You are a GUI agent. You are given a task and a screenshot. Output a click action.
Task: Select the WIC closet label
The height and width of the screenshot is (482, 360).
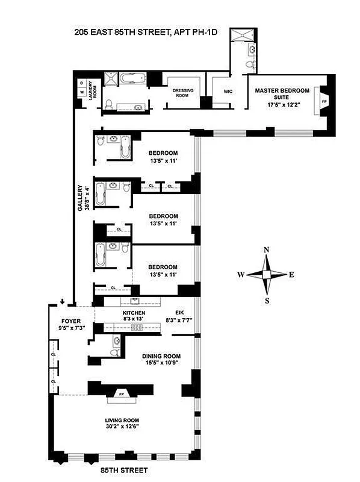[228, 91]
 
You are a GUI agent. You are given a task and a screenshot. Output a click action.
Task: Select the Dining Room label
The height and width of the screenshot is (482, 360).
[158, 360]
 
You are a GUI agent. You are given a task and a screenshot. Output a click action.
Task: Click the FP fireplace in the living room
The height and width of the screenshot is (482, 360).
[120, 395]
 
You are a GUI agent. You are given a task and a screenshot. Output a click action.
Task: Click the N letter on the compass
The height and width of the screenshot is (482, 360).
[266, 250]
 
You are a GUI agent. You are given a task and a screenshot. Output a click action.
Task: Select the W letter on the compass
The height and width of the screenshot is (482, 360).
[240, 275]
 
